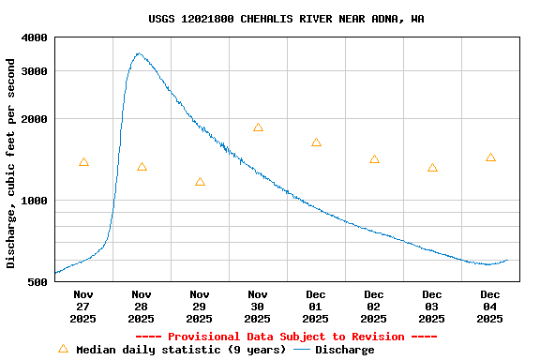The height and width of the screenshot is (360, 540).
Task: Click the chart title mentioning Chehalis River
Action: click(286, 19)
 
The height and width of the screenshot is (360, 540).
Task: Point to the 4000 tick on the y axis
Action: click(36, 37)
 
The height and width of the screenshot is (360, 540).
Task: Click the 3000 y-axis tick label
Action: click(36, 71)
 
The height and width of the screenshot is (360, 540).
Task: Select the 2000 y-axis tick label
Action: click(36, 119)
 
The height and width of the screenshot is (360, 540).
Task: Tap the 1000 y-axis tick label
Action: click(36, 201)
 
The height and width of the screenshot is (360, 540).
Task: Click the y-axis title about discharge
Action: click(11, 163)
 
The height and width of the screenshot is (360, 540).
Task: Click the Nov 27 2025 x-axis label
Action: click(83, 307)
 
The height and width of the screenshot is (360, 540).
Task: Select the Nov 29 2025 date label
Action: click(200, 307)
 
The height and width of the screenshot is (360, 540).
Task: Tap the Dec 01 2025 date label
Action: click(316, 307)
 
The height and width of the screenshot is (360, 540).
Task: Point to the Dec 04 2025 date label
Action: click(490, 307)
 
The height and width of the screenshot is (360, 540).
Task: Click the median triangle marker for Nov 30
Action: click(258, 127)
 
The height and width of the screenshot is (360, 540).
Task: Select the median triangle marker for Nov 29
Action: click(200, 182)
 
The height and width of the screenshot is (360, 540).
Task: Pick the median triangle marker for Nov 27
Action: click(83, 162)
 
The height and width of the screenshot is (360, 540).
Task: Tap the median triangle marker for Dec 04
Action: click(490, 157)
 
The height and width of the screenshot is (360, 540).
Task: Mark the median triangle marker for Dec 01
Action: click(316, 142)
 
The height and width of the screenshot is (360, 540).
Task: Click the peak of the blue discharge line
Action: click(139, 53)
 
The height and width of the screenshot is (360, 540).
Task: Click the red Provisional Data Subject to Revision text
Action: click(286, 337)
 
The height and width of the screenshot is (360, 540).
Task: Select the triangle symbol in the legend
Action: click(64, 349)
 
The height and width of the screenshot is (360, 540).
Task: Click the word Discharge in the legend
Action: click(344, 350)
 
